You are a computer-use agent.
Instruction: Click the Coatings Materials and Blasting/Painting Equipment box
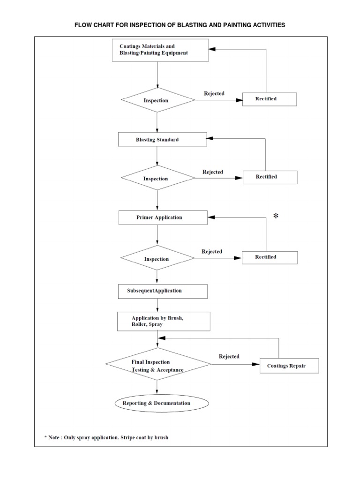coord(160,50)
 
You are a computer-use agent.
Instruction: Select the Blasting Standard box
coord(162,140)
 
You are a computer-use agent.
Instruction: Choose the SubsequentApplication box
coord(162,291)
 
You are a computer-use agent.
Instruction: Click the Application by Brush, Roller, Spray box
coord(163,321)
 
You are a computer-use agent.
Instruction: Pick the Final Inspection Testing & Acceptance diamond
coord(157,366)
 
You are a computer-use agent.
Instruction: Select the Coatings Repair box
coord(289,366)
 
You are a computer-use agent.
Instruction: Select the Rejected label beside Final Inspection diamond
coord(229,356)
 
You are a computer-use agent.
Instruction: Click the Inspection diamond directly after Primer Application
coord(157,259)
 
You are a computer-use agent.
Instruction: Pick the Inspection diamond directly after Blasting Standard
coord(157,179)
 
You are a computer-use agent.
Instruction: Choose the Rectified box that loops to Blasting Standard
coord(269,177)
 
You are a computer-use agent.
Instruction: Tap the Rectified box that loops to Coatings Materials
coord(269,99)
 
